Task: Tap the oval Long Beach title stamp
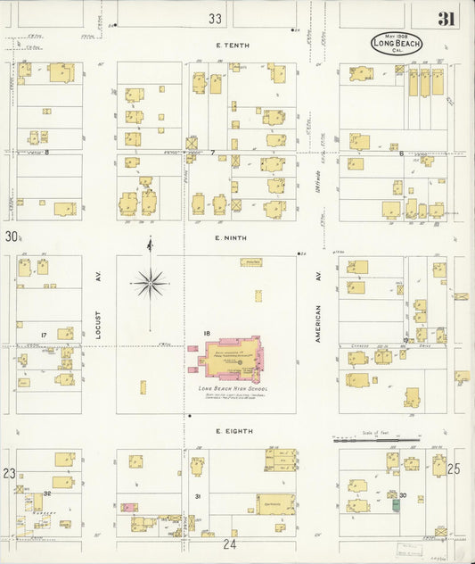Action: (397, 43)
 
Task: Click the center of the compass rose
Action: (150, 283)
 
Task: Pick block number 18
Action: (206, 334)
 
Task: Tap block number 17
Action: (43, 336)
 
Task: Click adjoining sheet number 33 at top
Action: (215, 18)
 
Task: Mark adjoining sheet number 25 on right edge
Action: (454, 468)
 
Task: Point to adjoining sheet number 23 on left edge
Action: (9, 473)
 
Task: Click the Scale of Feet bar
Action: (375, 438)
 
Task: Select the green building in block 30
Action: (396, 504)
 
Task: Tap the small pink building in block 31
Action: (129, 507)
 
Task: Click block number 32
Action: (46, 493)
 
